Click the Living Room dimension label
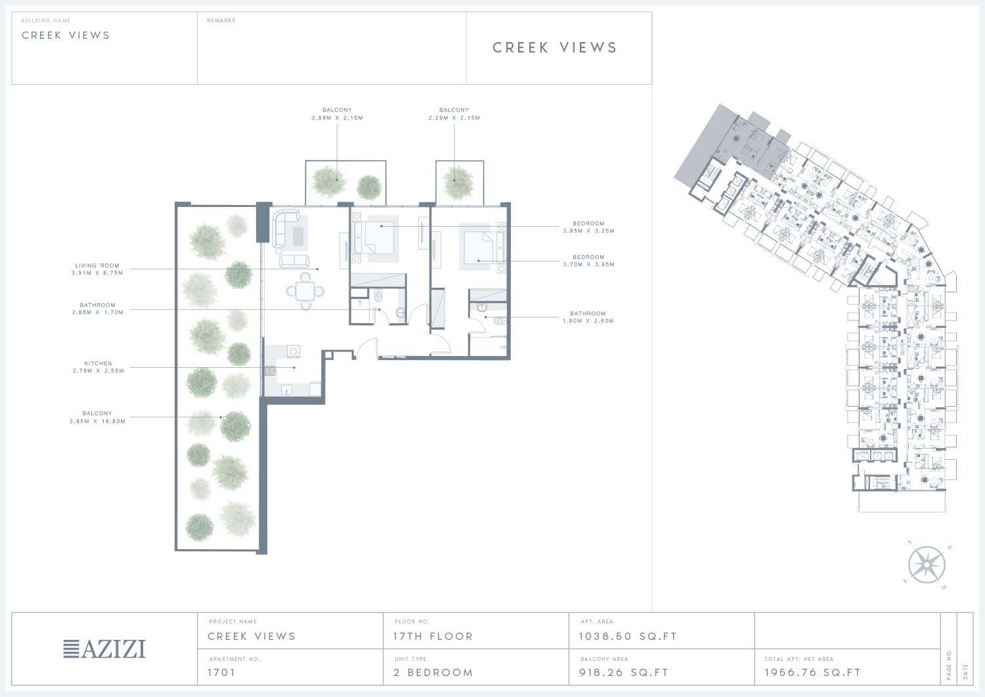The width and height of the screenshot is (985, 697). [x=97, y=269]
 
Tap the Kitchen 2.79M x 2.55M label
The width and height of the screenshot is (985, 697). [x=98, y=367]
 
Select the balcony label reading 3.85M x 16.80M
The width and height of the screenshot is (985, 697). [x=97, y=417]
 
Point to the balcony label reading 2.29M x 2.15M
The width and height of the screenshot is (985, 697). [x=454, y=114]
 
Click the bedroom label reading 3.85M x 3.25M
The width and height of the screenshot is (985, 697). [x=589, y=227]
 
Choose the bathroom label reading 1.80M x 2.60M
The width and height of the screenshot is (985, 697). [x=588, y=317]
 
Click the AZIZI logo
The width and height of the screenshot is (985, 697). [x=104, y=649]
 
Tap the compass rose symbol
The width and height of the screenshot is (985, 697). [x=927, y=564]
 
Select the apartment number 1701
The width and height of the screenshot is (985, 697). [x=222, y=672]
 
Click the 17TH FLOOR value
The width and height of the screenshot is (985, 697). [x=433, y=637]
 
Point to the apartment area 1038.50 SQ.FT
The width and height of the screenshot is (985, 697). [x=628, y=637]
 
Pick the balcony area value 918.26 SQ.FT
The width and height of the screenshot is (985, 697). [x=624, y=672]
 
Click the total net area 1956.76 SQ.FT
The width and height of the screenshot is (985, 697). [x=812, y=672]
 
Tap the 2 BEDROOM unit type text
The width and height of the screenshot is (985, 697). [x=433, y=672]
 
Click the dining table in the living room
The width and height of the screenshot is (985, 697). [x=305, y=291]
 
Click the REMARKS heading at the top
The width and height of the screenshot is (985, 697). [x=221, y=20]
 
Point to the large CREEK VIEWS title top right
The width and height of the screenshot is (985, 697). [x=554, y=47]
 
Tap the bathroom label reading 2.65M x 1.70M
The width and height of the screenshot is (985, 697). [x=98, y=309]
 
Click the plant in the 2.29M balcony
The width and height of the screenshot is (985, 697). [x=458, y=183]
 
